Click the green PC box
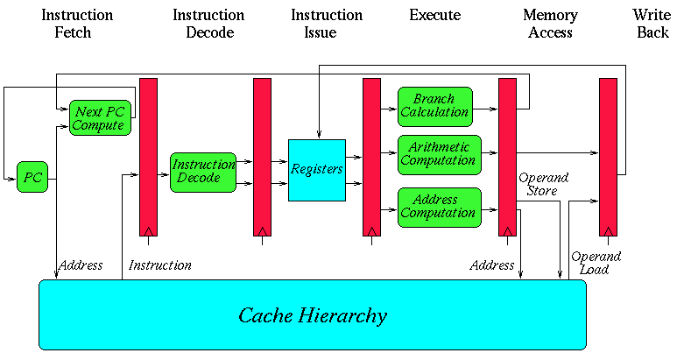[x=32, y=177]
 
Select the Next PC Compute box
[x=99, y=117]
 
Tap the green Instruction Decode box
[x=203, y=172]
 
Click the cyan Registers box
[x=317, y=170]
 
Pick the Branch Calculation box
[x=434, y=105]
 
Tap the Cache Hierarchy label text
[x=313, y=315]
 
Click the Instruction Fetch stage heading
[x=77, y=24]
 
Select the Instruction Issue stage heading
[x=327, y=24]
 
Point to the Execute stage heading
[x=434, y=15]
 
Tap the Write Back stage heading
[x=651, y=24]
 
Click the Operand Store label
[x=543, y=184]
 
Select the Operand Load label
[x=596, y=263]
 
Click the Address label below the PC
[x=81, y=265]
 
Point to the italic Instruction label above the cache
[x=159, y=265]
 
